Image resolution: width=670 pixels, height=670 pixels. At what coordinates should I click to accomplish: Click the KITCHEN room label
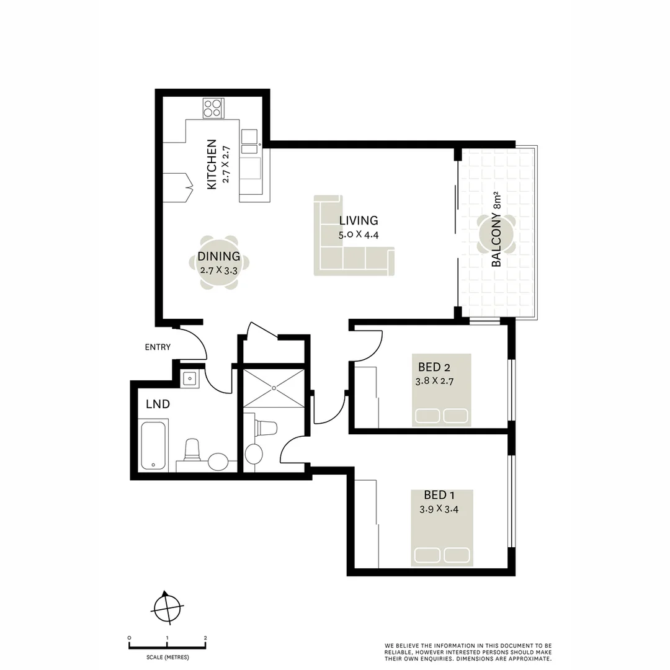(212, 164)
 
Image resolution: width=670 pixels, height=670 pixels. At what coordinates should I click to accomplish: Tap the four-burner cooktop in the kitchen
(213, 109)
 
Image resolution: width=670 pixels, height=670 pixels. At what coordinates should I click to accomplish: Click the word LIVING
(358, 220)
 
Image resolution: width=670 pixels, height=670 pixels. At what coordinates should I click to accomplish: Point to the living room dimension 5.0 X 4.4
(358, 235)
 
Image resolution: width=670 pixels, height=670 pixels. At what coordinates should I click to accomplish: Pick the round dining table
(219, 263)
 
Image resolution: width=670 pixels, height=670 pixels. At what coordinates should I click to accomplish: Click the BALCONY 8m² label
(497, 238)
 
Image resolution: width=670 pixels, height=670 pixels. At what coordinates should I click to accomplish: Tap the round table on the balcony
(496, 234)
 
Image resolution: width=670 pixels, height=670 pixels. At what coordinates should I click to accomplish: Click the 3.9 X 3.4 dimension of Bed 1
(438, 509)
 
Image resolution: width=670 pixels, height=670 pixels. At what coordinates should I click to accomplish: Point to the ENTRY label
(158, 347)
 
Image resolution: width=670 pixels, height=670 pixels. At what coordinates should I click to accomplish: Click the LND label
(158, 404)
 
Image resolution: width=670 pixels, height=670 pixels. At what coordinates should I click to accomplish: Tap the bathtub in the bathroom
(153, 445)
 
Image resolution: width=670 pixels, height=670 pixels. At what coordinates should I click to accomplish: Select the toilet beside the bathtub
(192, 450)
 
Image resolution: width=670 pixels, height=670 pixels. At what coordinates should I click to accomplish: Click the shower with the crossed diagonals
(274, 388)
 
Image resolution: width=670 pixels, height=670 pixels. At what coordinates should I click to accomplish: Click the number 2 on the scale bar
(205, 638)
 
